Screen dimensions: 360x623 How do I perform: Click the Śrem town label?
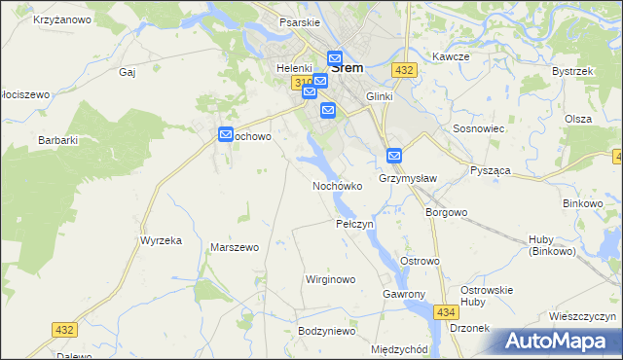(348, 68)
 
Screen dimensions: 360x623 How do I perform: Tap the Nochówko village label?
(337, 185)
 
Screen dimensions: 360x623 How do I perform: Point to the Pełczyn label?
(354, 224)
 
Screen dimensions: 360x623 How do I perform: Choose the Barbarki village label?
(57, 140)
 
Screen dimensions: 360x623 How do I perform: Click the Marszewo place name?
(234, 247)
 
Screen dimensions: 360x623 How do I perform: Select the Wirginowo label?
(330, 279)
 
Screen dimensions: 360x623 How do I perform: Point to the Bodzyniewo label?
(327, 332)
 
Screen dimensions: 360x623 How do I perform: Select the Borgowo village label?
(447, 211)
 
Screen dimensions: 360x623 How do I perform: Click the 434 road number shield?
(446, 311)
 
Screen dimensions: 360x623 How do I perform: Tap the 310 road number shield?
(301, 83)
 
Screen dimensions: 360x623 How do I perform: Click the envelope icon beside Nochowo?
(226, 135)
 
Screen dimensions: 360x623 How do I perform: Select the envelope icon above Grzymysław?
(394, 155)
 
